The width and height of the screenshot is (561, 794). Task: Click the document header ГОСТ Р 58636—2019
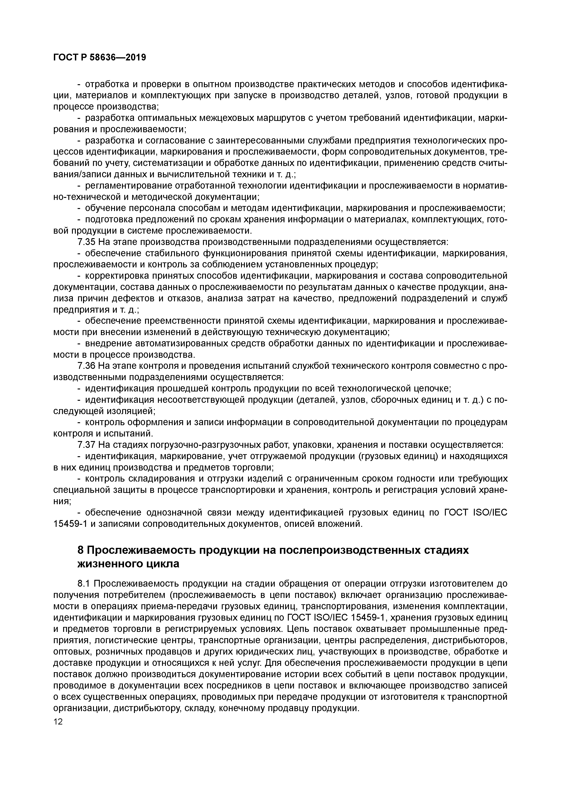(x=100, y=58)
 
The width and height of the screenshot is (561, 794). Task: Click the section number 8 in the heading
(x=80, y=550)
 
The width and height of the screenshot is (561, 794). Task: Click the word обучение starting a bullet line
(x=104, y=208)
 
